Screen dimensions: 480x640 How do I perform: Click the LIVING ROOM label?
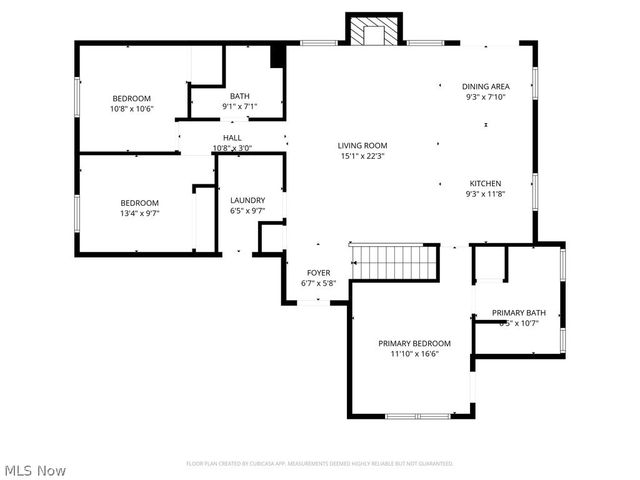361,146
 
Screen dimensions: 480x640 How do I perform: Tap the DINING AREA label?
485,87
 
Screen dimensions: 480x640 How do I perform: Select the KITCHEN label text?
485,184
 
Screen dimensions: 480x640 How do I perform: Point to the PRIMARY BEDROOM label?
414,343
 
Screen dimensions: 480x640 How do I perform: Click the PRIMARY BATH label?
518,313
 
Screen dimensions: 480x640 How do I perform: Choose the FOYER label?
318,273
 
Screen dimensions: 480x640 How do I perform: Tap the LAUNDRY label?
247,200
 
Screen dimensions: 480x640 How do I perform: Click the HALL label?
232,138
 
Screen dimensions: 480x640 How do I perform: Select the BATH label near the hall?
239,96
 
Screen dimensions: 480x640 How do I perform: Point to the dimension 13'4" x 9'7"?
140,213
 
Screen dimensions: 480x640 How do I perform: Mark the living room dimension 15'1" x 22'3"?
361,156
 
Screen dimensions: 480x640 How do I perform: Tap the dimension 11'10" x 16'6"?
414,353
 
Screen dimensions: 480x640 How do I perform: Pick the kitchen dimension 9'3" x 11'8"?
485,194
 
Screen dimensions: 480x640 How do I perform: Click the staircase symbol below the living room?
396,262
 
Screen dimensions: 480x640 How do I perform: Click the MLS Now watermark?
35,469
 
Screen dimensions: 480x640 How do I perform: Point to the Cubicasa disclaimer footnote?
320,463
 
